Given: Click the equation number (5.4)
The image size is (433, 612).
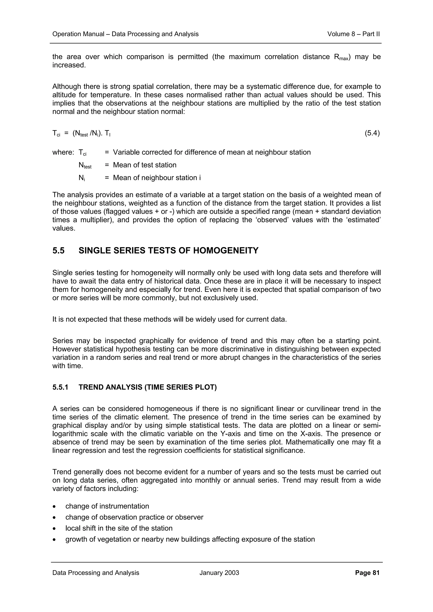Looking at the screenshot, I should (x=372, y=133).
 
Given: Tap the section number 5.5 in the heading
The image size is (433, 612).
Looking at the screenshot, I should (x=58, y=250).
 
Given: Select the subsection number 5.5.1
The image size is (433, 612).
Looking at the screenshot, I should (x=60, y=387).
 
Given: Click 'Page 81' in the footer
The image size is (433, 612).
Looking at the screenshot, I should (x=367, y=573).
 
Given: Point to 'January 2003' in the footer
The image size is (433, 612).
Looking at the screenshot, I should (x=219, y=573).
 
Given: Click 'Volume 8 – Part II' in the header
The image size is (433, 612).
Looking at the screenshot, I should (x=353, y=34).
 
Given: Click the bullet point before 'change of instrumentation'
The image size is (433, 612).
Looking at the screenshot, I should (x=54, y=506).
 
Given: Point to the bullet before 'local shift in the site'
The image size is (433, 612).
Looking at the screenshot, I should (x=54, y=528).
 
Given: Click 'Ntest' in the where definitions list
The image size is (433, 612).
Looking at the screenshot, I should (x=85, y=165).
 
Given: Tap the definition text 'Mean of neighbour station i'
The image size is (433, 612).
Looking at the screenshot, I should (x=157, y=178).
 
